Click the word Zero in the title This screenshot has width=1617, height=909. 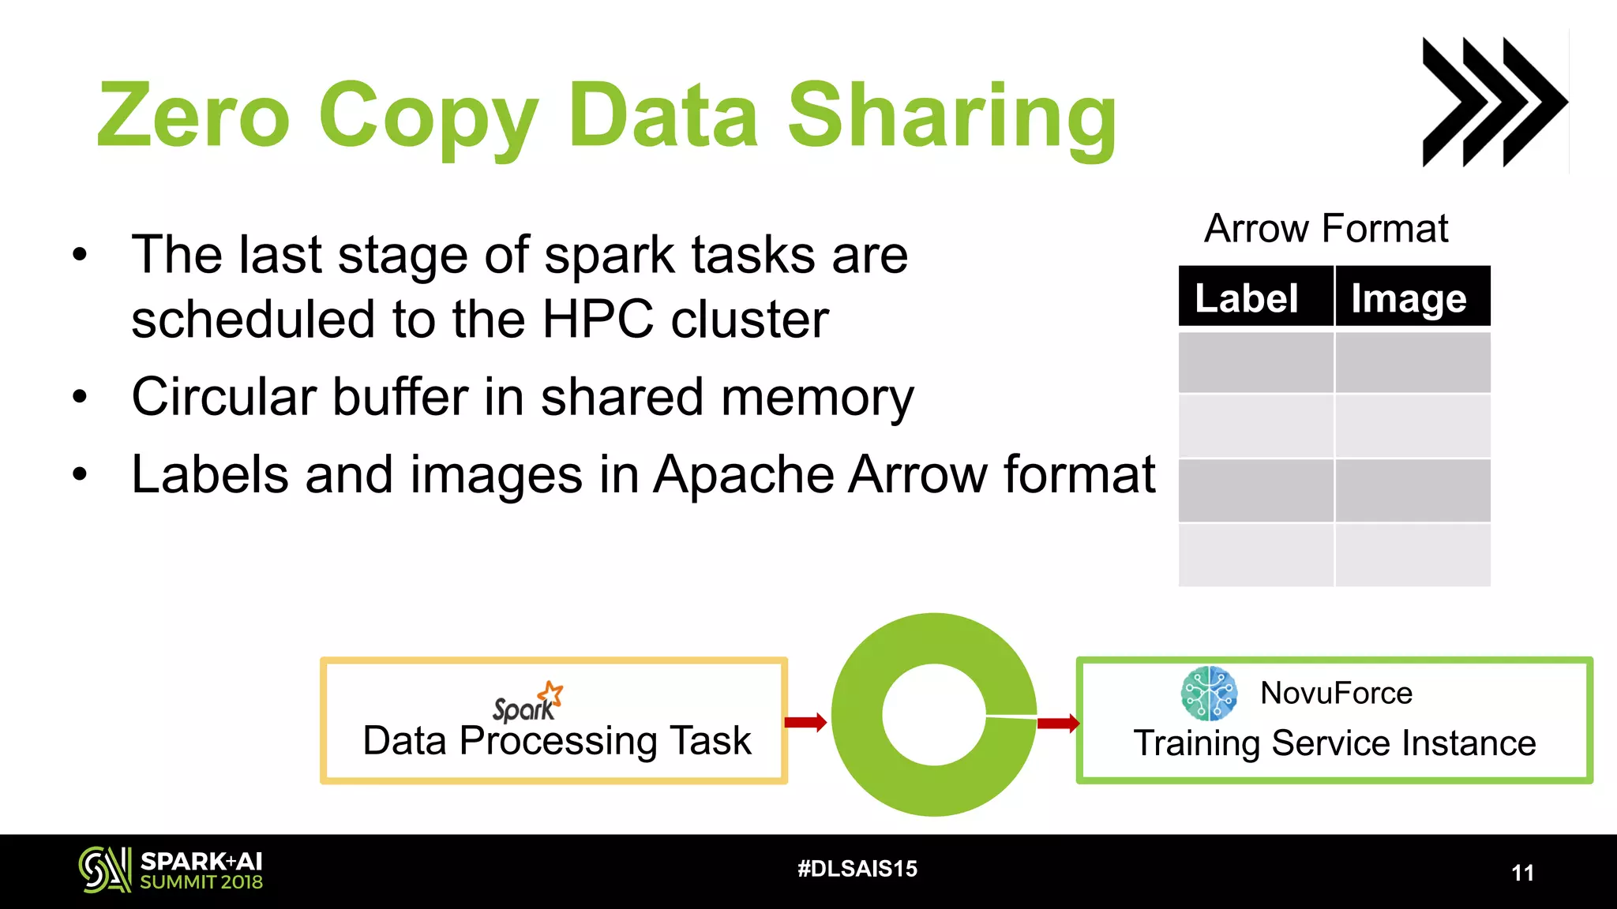click(193, 116)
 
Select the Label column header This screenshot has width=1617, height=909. click(1247, 298)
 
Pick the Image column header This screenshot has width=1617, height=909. click(1409, 298)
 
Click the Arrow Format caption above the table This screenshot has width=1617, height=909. click(1326, 229)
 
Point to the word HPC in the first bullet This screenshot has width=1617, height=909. click(598, 320)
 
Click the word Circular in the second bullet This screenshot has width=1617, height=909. click(223, 396)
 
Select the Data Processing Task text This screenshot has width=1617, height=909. click(557, 742)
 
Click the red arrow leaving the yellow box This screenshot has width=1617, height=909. click(806, 721)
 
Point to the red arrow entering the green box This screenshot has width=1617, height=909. click(1058, 723)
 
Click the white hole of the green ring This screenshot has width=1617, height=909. click(934, 714)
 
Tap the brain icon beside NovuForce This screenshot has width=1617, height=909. click(1209, 694)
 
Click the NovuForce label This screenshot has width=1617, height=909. click(1336, 694)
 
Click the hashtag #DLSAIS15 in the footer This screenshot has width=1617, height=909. click(857, 869)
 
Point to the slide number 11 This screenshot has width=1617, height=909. click(1522, 873)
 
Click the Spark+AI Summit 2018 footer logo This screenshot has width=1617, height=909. click(171, 870)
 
